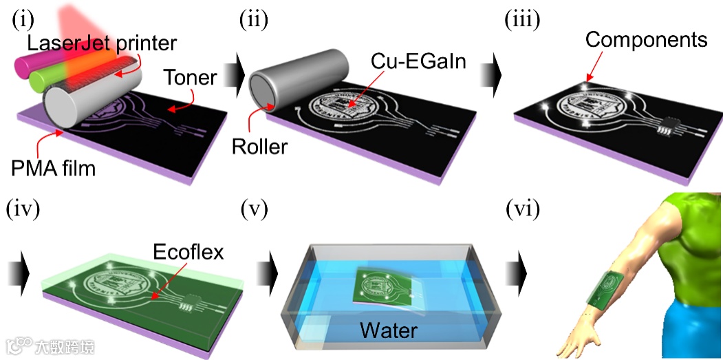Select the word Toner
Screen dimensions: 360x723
pos(190,78)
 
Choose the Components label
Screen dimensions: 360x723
pos(646,39)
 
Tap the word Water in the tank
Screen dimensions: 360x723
pos(389,330)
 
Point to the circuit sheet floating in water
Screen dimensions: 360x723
pos(386,284)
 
